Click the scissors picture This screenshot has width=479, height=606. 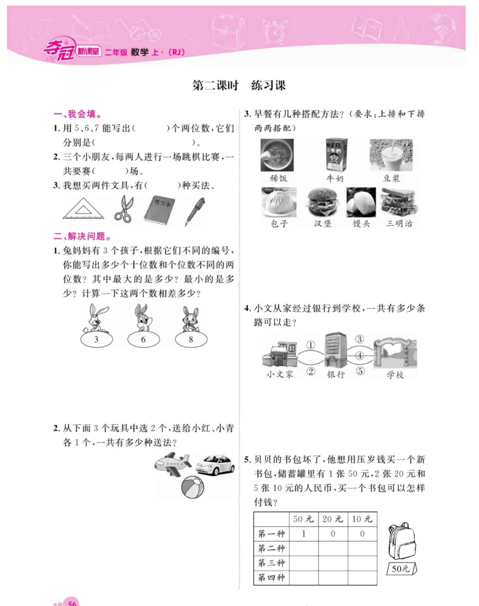click(x=123, y=209)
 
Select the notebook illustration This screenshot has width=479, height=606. click(x=160, y=209)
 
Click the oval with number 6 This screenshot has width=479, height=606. click(x=143, y=340)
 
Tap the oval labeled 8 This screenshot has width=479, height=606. click(x=190, y=340)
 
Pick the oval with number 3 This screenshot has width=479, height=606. click(x=96, y=340)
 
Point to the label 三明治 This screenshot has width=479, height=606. click(x=399, y=224)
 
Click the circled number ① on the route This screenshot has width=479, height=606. click(x=310, y=345)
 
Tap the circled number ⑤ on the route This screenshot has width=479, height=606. click(x=360, y=371)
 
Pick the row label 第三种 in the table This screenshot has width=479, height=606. click(x=271, y=563)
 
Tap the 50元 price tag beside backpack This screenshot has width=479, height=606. click(x=400, y=568)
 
